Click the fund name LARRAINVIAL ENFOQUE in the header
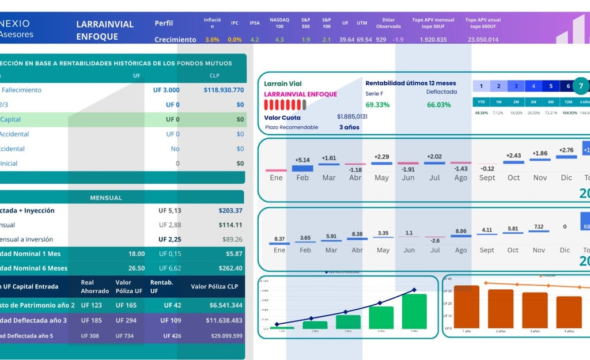[105, 31]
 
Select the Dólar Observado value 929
[381, 40]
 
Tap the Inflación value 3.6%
[212, 40]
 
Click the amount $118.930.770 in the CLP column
[224, 90]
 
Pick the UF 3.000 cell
[166, 90]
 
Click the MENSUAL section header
[106, 198]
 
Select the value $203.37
[230, 211]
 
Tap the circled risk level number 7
[581, 86]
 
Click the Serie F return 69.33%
[377, 105]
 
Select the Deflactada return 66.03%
[438, 105]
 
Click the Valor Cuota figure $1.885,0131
[352, 116]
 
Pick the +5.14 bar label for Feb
[302, 160]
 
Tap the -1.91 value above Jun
[408, 169]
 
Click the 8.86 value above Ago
[460, 231]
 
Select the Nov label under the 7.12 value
[540, 250]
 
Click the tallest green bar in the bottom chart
[414, 311]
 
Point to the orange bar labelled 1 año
[466, 306]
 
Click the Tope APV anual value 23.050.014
[483, 40]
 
